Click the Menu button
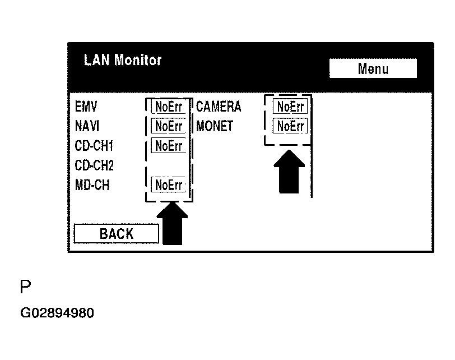(373, 69)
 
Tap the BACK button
(116, 234)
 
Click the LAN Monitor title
(122, 60)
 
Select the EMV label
(85, 107)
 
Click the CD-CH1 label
(94, 146)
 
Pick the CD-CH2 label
(94, 165)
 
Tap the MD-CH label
(92, 185)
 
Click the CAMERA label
(219, 107)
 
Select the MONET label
(215, 126)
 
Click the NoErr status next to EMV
(168, 107)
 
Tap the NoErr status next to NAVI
(168, 126)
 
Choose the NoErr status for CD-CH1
(168, 146)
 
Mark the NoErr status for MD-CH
(168, 185)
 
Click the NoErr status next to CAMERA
(290, 107)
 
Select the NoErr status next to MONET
(290, 126)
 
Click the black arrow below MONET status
(289, 172)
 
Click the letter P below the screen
(25, 288)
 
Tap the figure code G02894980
(57, 313)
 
